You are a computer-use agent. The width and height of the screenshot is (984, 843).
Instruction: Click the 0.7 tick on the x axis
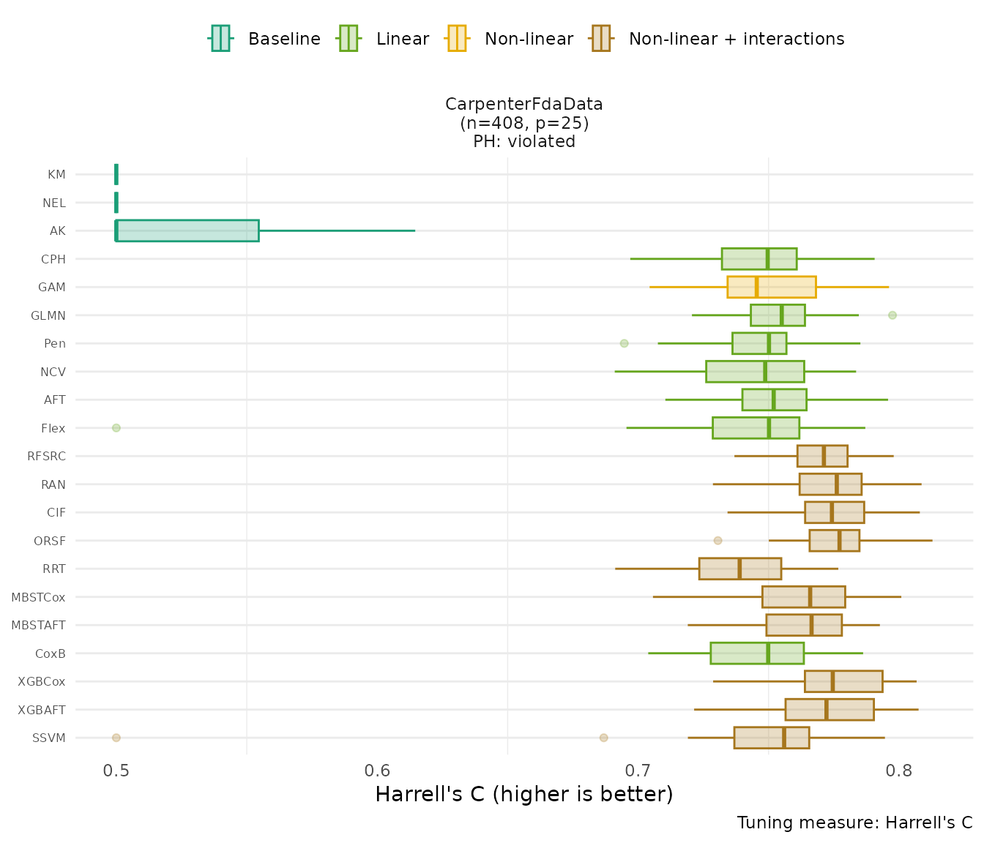click(638, 771)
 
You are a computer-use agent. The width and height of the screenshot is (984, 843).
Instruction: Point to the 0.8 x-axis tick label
click(899, 771)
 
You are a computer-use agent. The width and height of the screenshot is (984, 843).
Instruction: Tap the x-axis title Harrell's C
click(523, 795)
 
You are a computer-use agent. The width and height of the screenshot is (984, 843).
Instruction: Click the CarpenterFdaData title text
click(524, 105)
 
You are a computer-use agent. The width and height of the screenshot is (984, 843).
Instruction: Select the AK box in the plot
click(187, 231)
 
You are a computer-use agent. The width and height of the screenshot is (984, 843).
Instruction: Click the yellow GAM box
click(771, 287)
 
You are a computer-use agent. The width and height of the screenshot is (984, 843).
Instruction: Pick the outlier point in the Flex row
click(116, 428)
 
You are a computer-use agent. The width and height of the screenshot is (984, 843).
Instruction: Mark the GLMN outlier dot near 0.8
click(892, 315)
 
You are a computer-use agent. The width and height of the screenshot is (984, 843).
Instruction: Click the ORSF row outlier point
click(717, 541)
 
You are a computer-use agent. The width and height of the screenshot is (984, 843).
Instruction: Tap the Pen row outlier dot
click(624, 343)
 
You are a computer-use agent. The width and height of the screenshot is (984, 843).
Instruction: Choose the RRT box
click(739, 569)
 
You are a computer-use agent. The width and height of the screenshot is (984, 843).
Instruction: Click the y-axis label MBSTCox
click(38, 597)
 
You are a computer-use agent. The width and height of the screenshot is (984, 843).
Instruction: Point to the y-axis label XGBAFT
click(42, 710)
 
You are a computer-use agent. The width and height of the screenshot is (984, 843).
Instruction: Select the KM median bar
click(116, 174)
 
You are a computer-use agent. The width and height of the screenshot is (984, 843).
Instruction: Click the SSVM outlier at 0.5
click(116, 738)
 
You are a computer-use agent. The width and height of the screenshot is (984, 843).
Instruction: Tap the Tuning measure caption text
click(854, 823)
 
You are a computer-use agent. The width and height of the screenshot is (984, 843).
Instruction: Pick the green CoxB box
click(756, 653)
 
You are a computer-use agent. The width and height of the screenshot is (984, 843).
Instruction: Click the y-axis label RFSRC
click(46, 456)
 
